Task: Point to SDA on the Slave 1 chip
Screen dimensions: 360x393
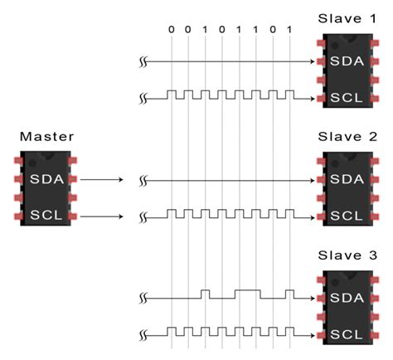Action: [x=346, y=61]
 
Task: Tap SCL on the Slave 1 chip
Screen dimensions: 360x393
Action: [x=346, y=98]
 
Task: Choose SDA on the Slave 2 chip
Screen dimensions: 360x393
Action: [x=346, y=179]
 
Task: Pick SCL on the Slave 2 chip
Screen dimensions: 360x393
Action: [x=346, y=216]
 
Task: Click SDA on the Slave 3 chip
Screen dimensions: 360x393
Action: [x=346, y=298]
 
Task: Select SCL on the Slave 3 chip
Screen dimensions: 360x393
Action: [x=346, y=335]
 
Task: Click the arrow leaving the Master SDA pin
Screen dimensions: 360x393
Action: [x=103, y=178]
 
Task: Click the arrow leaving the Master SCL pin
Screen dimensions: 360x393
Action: [x=103, y=216]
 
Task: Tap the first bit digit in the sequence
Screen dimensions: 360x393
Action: [x=171, y=30]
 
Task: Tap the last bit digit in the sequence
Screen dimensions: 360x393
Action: [x=288, y=30]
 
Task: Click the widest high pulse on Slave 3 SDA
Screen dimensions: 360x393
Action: [x=248, y=293]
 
